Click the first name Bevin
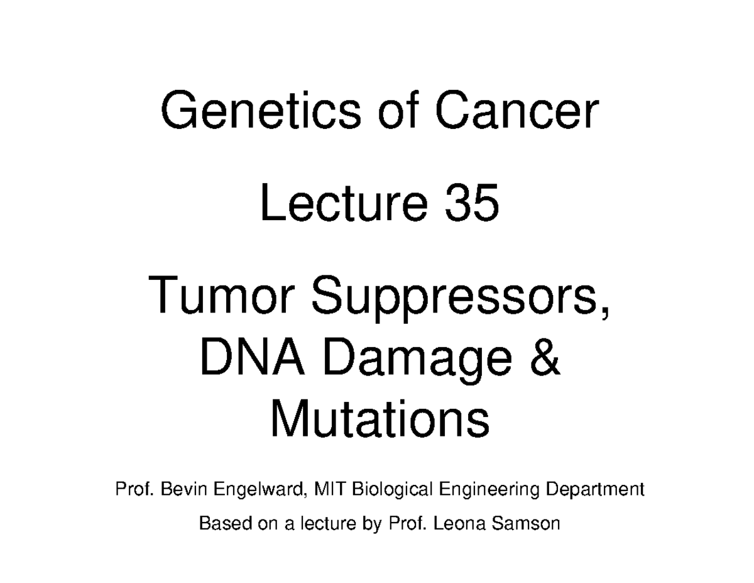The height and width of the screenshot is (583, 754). click(184, 489)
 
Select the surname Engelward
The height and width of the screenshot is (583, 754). click(260, 490)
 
